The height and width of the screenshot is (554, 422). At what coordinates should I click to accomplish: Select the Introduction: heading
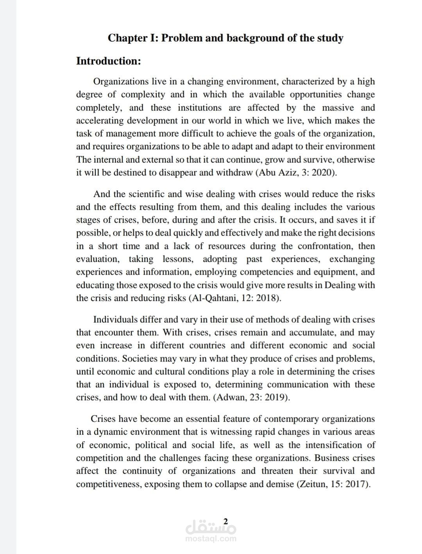coord(108,61)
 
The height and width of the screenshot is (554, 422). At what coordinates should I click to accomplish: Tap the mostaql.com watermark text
coord(211,538)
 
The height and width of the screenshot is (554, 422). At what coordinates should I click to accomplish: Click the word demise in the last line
coord(279,484)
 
